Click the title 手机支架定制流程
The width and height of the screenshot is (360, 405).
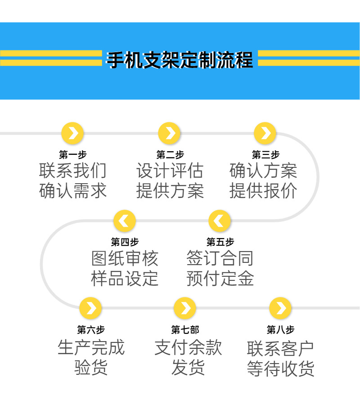(180, 60)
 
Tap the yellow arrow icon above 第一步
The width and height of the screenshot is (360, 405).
(72, 133)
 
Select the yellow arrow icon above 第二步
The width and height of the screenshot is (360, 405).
(170, 133)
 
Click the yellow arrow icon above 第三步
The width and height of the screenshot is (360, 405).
(265, 133)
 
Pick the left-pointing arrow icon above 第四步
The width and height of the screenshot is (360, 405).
(125, 220)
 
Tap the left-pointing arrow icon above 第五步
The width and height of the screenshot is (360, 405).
(220, 220)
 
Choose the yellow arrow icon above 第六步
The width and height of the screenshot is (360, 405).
(90, 308)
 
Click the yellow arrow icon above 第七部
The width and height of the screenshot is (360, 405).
(185, 308)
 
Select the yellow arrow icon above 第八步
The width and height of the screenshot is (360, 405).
(280, 308)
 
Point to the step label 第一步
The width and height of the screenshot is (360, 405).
(72, 155)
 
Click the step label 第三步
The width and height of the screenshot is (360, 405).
(265, 155)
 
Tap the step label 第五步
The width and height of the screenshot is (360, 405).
(220, 242)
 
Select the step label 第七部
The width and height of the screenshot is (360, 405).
(185, 330)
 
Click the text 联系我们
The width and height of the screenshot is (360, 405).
(72, 171)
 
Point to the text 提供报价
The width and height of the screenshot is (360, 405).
(263, 191)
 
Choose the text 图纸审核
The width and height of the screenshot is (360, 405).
(125, 258)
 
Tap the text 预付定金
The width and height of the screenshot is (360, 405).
(220, 278)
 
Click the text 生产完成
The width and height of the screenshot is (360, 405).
(90, 347)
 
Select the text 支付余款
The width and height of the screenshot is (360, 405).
(188, 347)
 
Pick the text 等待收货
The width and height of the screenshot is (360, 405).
(280, 368)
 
